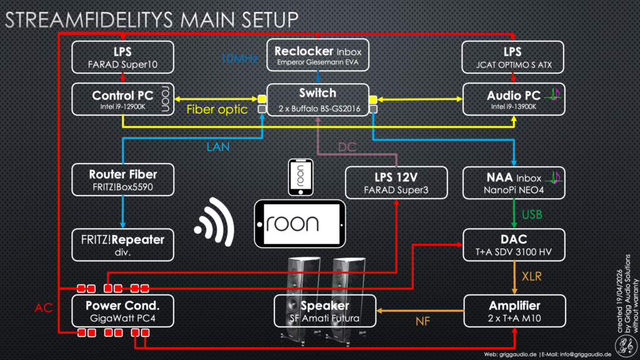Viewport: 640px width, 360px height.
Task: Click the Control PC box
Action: tap(122, 100)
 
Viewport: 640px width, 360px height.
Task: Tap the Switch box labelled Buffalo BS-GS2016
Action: tap(317, 100)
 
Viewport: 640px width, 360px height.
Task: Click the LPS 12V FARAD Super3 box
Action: tap(396, 182)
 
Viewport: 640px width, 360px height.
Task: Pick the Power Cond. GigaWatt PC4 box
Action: tap(122, 311)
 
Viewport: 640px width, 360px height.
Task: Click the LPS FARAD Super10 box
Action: tap(122, 56)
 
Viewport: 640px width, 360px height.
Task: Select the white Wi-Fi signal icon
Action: tap(214, 221)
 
